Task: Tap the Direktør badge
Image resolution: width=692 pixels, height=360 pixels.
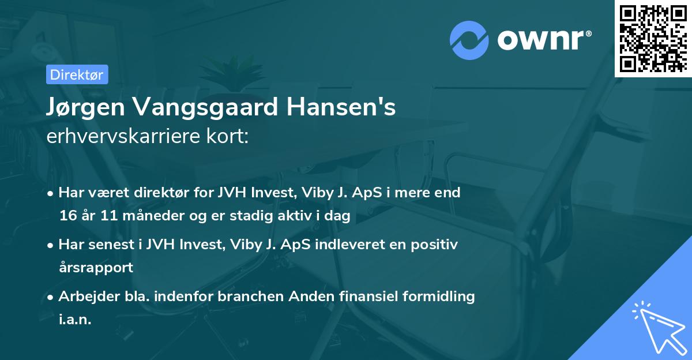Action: tap(77, 74)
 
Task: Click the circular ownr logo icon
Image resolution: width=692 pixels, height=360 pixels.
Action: tap(469, 40)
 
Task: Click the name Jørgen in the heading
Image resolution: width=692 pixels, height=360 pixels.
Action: tap(82, 108)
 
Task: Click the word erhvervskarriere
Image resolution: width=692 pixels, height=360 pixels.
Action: tap(116, 137)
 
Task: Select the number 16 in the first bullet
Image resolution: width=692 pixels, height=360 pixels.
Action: tap(67, 216)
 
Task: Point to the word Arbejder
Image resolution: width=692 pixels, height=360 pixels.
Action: tap(84, 297)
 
